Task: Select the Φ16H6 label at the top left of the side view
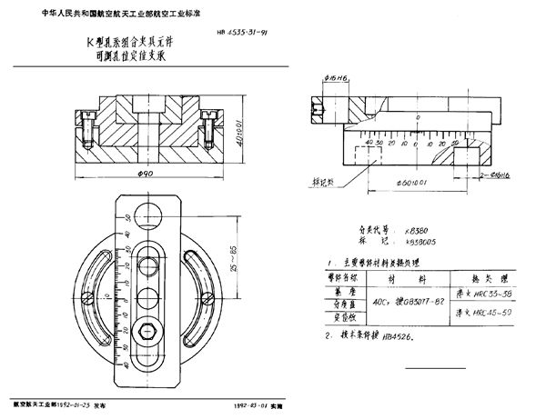(x=313, y=103)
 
